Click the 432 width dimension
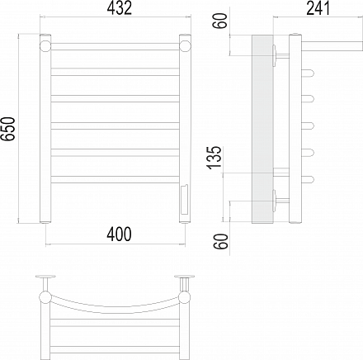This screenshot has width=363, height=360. (x=120, y=8)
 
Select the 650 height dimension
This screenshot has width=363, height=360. (x=7, y=129)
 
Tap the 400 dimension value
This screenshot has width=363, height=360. (x=120, y=234)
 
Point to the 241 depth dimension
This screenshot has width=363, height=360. (x=318, y=8)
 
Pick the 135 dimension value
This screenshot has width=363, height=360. (x=214, y=157)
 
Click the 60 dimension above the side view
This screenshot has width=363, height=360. (x=221, y=21)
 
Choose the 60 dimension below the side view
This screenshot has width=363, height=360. (x=221, y=242)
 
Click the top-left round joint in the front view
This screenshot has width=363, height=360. (x=45, y=46)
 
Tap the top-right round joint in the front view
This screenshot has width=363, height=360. (x=186, y=46)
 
